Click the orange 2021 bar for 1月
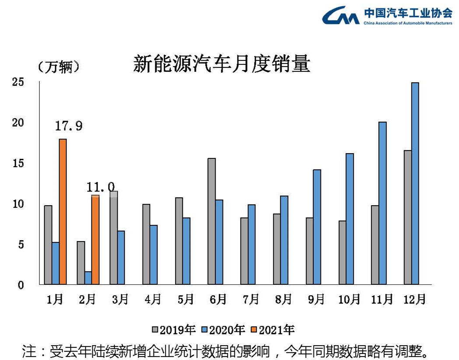63,212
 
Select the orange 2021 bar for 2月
95,240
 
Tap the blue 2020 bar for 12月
415,183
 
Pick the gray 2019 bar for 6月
212,221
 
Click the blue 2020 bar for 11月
382,203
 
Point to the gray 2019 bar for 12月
407,217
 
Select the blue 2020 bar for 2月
88,278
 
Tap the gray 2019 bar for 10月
342,252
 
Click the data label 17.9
69,126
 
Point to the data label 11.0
101,188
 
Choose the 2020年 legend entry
223,329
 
